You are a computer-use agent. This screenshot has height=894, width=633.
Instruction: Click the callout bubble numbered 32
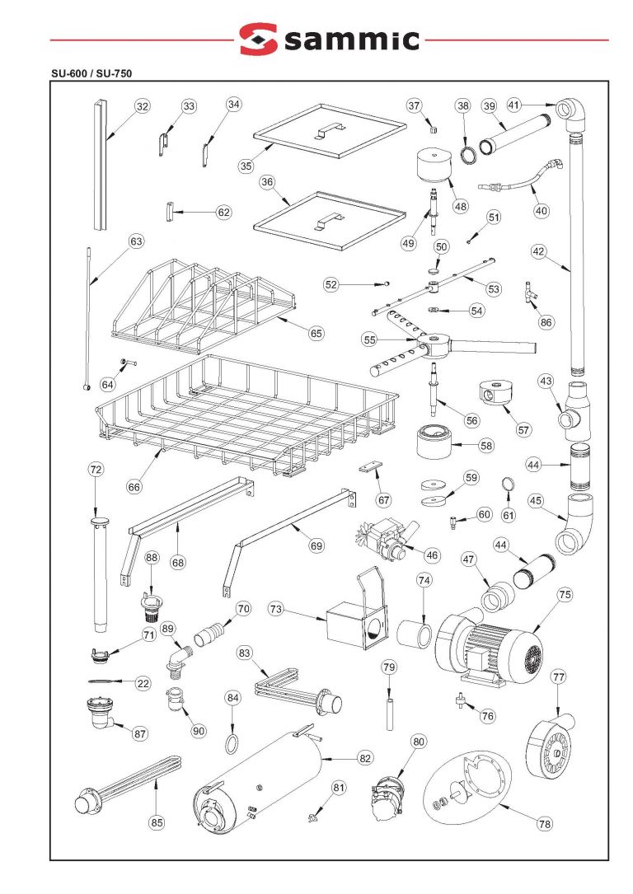tap(142, 106)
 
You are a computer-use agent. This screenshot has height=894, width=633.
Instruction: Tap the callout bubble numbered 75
tap(565, 594)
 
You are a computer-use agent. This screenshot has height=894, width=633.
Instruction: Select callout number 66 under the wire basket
tap(134, 486)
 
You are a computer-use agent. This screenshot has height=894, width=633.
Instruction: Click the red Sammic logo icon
tap(258, 39)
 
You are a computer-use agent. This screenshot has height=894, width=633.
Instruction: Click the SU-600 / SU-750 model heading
tap(91, 73)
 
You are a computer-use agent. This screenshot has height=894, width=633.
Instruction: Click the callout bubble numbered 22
tap(143, 683)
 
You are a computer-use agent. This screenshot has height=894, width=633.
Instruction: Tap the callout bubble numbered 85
tap(157, 821)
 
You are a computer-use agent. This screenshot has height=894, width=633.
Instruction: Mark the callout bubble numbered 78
tap(544, 823)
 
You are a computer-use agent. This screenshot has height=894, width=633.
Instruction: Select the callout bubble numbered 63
tap(136, 241)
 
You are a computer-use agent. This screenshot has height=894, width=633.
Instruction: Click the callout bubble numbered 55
tap(369, 339)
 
